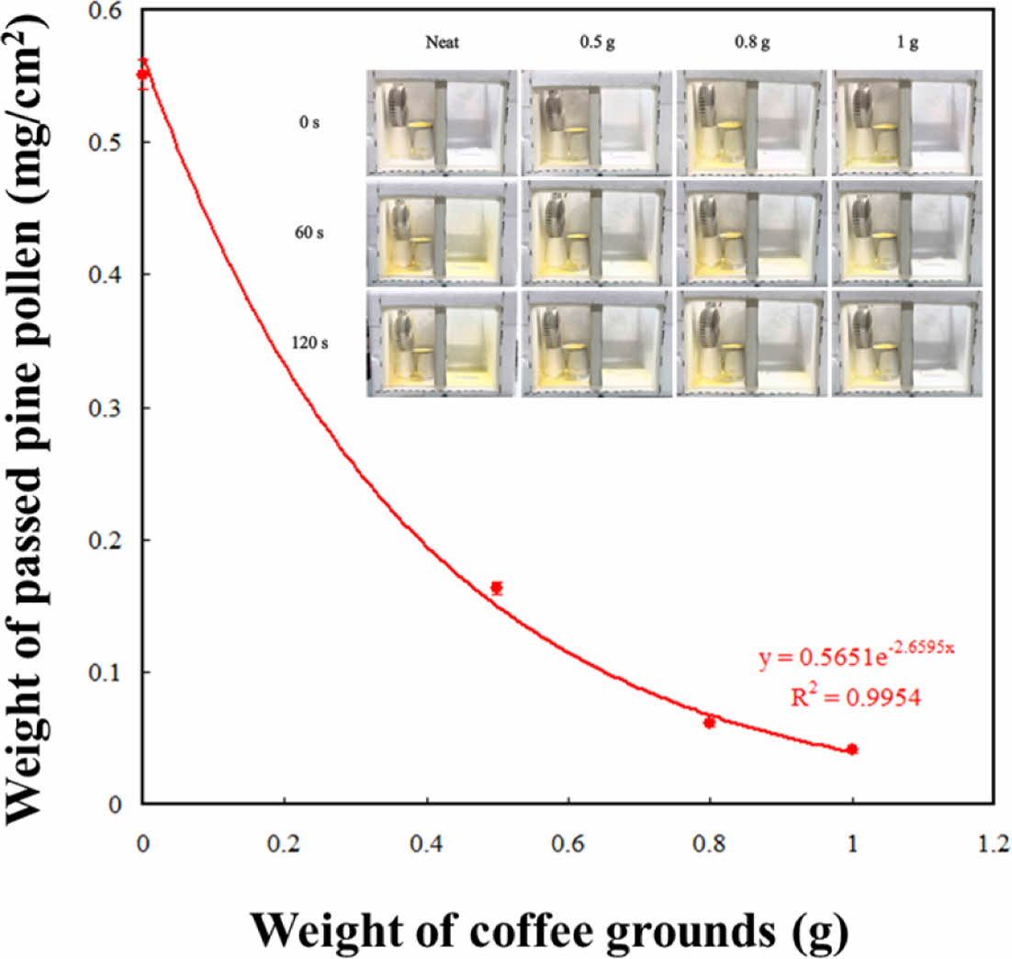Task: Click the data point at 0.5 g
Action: point(497,588)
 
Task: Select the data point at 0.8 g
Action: point(709,722)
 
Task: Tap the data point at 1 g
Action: point(852,750)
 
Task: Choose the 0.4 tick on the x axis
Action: point(426,842)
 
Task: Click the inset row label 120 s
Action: point(307,343)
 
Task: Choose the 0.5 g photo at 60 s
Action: point(597,233)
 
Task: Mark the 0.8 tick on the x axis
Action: point(709,842)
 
